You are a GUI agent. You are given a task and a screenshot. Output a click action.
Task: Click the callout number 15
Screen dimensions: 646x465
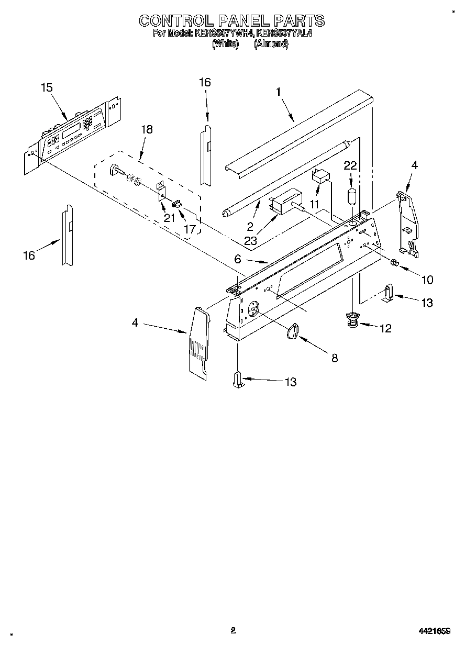pyautogui.click(x=47, y=88)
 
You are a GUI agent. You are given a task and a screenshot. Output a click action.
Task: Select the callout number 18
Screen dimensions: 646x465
pyautogui.click(x=147, y=129)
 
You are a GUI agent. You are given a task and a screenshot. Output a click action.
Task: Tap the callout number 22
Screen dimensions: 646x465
pyautogui.click(x=350, y=166)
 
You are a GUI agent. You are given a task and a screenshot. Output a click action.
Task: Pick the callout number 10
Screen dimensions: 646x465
pyautogui.click(x=427, y=280)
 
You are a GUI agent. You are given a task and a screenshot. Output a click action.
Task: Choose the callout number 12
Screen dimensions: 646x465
pyautogui.click(x=385, y=329)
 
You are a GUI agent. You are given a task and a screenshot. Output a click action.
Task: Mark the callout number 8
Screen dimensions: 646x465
pyautogui.click(x=335, y=358)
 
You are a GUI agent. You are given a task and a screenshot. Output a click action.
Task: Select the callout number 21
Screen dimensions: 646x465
pyautogui.click(x=169, y=218)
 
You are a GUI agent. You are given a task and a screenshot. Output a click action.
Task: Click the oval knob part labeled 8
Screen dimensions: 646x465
pyautogui.click(x=294, y=331)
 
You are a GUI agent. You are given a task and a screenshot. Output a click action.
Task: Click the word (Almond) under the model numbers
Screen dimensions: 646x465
pyautogui.click(x=271, y=44)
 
